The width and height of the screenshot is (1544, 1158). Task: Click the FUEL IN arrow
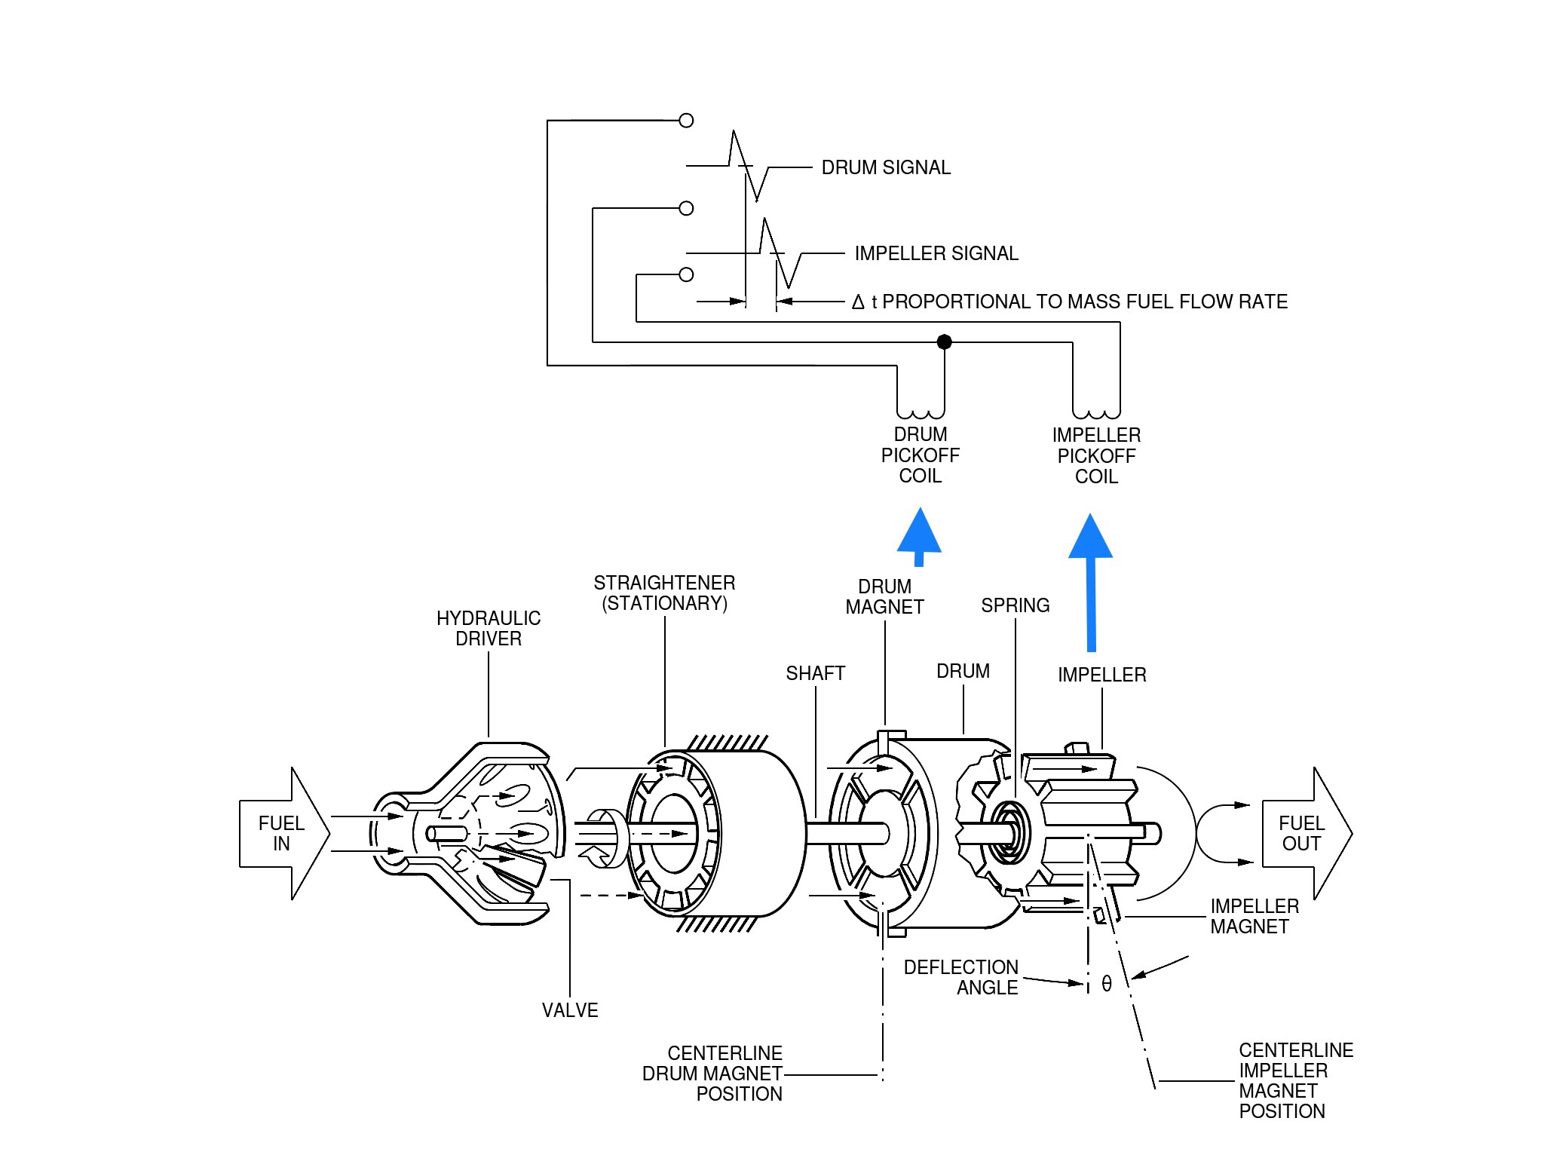[283, 833]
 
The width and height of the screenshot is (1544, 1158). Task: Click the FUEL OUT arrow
[1307, 833]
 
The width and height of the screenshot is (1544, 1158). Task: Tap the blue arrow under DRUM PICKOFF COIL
[919, 537]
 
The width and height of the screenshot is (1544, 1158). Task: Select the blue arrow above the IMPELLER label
[1091, 582]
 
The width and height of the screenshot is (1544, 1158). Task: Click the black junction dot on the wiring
[944, 342]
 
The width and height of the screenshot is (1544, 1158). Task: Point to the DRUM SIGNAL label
[886, 167]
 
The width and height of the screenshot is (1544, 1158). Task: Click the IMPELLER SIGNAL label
[936, 253]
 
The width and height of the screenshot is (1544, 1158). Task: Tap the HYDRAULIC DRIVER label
[489, 628]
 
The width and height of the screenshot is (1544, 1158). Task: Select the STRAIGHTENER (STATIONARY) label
[664, 593]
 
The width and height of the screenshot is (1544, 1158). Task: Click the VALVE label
[570, 1010]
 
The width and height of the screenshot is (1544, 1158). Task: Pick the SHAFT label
[815, 673]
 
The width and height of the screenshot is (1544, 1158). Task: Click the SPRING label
[1015, 605]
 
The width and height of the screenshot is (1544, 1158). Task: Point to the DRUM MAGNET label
[884, 596]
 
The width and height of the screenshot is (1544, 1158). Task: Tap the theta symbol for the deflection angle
[1107, 983]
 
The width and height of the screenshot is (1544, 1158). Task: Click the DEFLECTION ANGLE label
[961, 977]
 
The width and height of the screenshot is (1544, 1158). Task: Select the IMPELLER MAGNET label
[1254, 916]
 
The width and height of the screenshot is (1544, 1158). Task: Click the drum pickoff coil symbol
[921, 413]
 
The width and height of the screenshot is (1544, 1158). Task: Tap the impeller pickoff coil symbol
[1096, 413]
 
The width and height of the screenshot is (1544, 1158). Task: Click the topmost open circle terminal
[686, 120]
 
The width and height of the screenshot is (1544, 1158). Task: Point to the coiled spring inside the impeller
[1008, 832]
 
